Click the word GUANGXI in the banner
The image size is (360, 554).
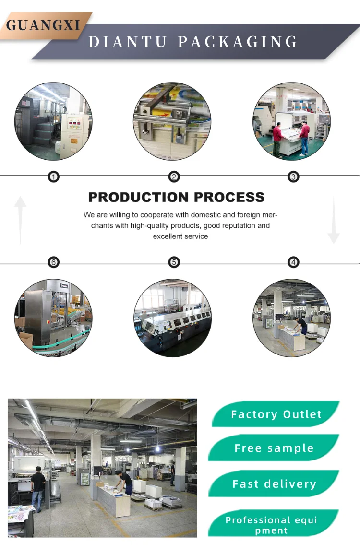(x=43, y=25)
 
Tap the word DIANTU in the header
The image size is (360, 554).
(x=128, y=42)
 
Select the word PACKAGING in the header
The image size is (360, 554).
(x=238, y=42)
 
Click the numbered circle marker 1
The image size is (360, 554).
(x=54, y=177)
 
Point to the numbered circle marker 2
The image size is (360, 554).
(x=174, y=177)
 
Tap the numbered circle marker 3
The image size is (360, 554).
(x=293, y=177)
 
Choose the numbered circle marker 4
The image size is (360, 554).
(x=293, y=262)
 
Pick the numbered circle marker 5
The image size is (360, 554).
(x=174, y=262)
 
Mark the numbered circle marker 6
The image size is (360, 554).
(x=54, y=262)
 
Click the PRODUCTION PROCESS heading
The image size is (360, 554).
(x=176, y=197)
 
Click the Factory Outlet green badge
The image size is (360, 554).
(x=276, y=414)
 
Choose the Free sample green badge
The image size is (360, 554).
(x=274, y=448)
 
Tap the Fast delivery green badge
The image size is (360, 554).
(x=274, y=484)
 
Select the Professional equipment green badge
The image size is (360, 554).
(x=272, y=525)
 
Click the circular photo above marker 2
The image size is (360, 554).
(x=172, y=121)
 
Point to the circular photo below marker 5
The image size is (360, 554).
(x=172, y=318)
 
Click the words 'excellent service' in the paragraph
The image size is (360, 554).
(x=180, y=236)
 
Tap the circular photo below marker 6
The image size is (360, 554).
(x=53, y=318)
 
